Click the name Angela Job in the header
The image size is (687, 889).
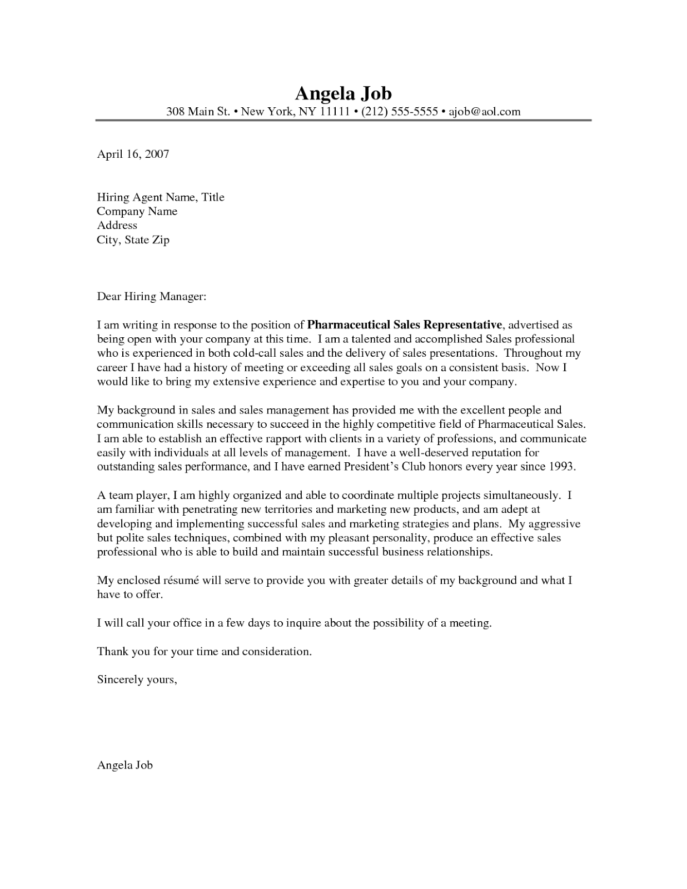pyautogui.click(x=343, y=92)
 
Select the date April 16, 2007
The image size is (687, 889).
pyautogui.click(x=133, y=154)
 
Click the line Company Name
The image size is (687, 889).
pyautogui.click(x=137, y=211)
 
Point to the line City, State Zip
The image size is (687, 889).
pyautogui.click(x=133, y=240)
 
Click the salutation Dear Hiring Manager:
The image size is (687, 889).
pyautogui.click(x=152, y=297)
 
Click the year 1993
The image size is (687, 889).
pyautogui.click(x=561, y=467)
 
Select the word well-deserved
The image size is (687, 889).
pyautogui.click(x=439, y=452)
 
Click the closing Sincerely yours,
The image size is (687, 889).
pyautogui.click(x=137, y=680)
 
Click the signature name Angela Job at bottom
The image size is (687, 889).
pyautogui.click(x=125, y=765)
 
